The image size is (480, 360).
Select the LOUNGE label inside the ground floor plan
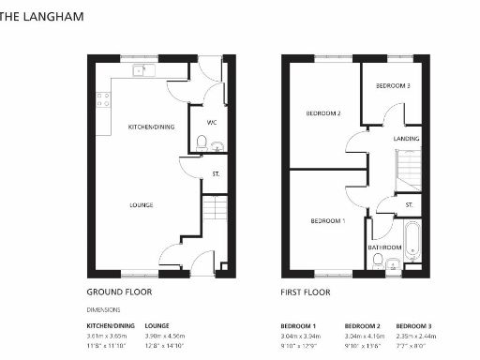pyautogui.click(x=142, y=204)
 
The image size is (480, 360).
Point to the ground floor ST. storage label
pyautogui.click(x=216, y=174)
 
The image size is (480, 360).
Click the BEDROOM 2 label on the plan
pyautogui.click(x=322, y=113)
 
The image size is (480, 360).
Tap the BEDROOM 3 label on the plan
pyautogui.click(x=393, y=85)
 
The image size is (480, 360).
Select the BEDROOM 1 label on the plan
pyautogui.click(x=328, y=220)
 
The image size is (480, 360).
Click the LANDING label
pyautogui.click(x=406, y=139)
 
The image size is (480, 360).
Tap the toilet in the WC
pyautogui.click(x=202, y=143)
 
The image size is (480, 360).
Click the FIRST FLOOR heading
pyautogui.click(x=306, y=292)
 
